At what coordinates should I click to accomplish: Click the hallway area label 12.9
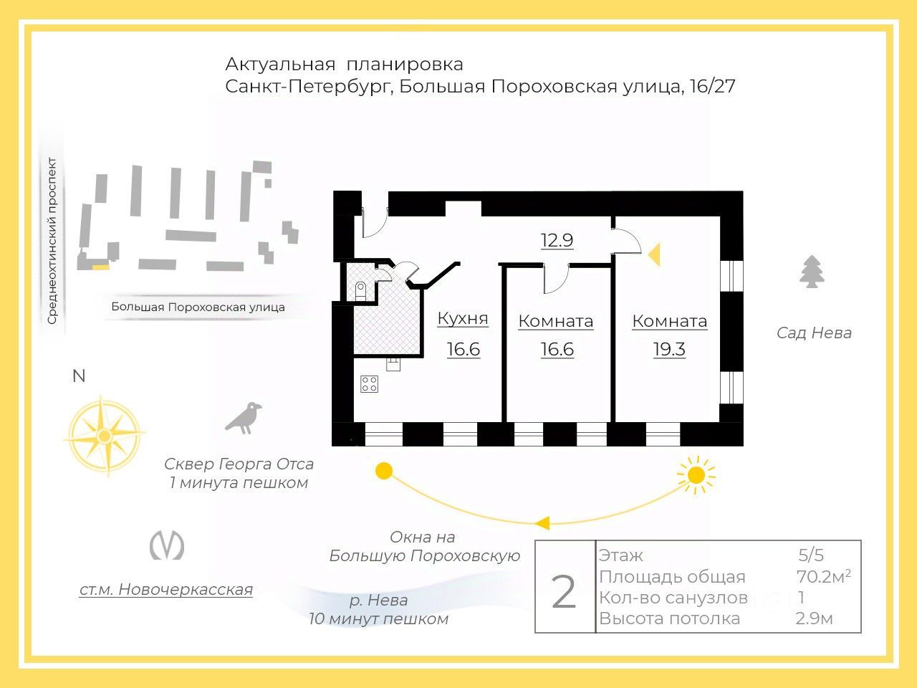coord(557,240)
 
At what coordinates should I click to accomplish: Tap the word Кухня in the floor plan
coord(463,318)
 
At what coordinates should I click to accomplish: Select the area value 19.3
coord(669,350)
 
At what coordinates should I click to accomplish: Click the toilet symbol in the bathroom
coord(360,290)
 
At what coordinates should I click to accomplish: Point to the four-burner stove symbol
coord(369,384)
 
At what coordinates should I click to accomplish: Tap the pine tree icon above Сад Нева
coord(812,272)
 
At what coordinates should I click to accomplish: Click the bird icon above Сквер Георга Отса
coord(244,418)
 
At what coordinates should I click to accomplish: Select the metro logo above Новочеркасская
coord(166,545)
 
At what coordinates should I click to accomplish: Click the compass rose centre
coord(105,435)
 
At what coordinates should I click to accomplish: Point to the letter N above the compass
coord(79,376)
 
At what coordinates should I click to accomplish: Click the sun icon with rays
coord(696,474)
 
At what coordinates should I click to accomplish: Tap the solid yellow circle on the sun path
coord(385,471)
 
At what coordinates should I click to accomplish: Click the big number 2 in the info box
coord(564,592)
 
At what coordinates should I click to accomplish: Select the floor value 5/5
coord(811,555)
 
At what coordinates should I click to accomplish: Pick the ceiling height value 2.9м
coord(814,618)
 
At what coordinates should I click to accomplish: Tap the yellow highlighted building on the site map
coord(101,267)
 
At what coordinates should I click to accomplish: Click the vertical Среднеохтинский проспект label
coord(52,241)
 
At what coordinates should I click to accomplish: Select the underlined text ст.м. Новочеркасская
coord(166,590)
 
